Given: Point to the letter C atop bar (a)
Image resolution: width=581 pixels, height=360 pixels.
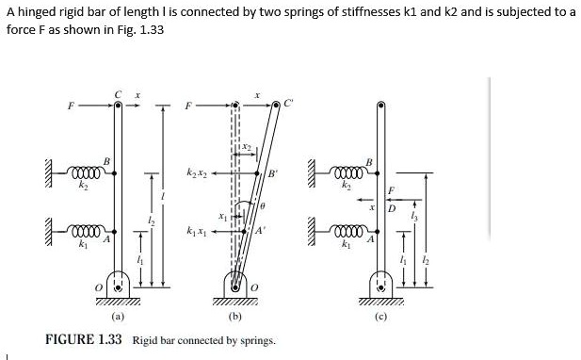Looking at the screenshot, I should pyautogui.click(x=117, y=93).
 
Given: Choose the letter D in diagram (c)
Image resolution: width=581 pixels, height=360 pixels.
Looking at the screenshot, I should pyautogui.click(x=391, y=208).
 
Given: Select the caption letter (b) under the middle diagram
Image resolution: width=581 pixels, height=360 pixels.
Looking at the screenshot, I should pyautogui.click(x=234, y=317).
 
